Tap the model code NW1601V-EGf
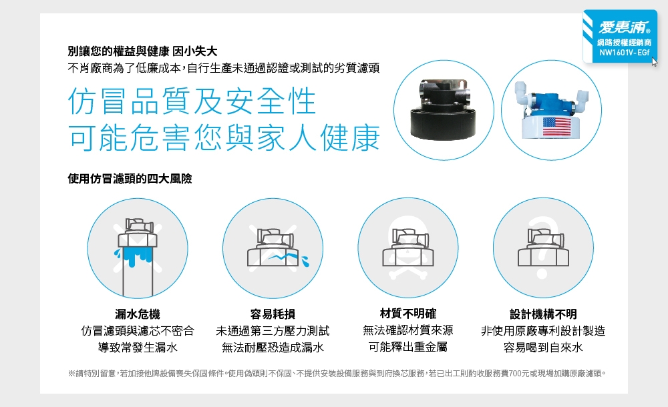(x=624, y=53)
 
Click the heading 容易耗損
(x=273, y=314)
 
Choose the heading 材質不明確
(x=407, y=314)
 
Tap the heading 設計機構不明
(x=543, y=314)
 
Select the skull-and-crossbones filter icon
(x=407, y=248)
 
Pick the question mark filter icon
(x=542, y=248)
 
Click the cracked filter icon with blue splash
(x=273, y=248)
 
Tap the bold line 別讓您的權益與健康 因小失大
(x=142, y=51)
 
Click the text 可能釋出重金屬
(x=407, y=347)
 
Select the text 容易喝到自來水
(x=543, y=347)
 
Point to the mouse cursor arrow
(x=655, y=62)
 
